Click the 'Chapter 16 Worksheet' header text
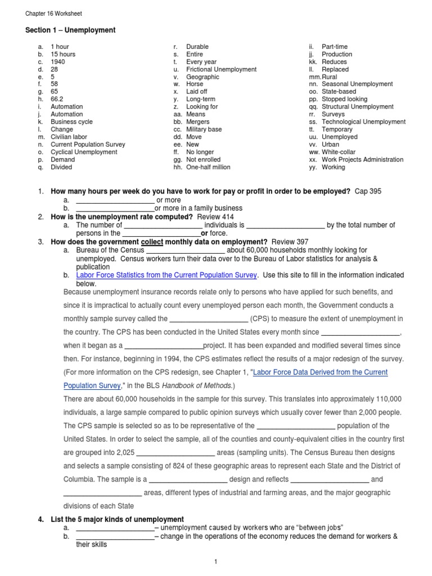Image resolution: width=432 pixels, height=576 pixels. coord(53,13)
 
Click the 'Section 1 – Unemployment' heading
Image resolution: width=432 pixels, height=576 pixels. coord(70,30)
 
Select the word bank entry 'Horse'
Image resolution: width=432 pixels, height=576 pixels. coord(195,84)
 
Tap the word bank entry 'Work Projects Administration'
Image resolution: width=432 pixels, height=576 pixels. coord(362,160)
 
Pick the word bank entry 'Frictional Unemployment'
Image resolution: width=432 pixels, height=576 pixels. coord(221,69)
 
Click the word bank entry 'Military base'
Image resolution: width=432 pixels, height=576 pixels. coord(204,129)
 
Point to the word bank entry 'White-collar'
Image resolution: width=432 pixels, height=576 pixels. coord(339,152)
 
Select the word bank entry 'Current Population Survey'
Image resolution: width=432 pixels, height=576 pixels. coord(88,145)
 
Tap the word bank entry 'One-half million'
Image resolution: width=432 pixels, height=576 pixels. coord(208,167)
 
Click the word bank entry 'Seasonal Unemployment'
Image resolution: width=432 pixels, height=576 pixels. coord(357,84)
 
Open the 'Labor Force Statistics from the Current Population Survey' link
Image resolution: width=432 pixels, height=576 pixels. coord(166,275)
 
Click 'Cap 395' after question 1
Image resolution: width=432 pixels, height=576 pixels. coord(368,192)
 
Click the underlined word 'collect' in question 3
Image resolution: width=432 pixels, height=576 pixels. coord(151,242)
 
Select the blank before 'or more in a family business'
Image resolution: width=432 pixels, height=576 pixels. coord(115,208)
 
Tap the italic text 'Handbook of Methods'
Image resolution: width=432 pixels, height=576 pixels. coord(196,385)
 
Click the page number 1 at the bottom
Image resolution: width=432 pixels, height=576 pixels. coord(215,561)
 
